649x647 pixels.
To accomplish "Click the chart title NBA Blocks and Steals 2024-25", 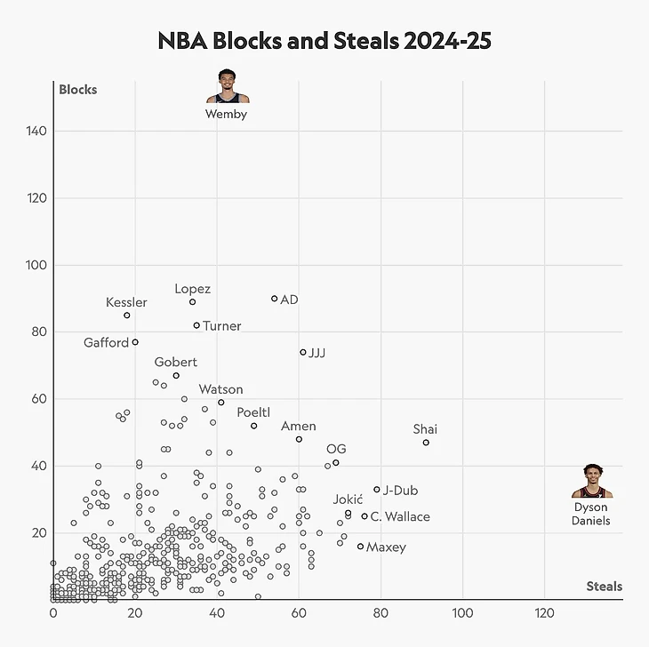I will tap(324, 41).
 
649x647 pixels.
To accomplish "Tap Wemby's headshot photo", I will tap(228, 86).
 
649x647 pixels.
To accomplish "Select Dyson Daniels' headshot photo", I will tap(591, 481).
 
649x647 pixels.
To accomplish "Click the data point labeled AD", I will tap(274, 299).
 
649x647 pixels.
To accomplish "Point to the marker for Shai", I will tap(426, 443).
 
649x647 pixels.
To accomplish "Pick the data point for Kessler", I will tap(127, 316).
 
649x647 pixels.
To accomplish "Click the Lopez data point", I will tap(193, 302).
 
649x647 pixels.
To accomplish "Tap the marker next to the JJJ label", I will tap(303, 352).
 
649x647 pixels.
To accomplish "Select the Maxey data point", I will tap(360, 547).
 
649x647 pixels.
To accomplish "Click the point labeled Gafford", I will tap(135, 342).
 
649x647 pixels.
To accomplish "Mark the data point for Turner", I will tap(196, 325).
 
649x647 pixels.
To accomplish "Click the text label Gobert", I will tap(176, 363).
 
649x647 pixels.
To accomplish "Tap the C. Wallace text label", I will tap(400, 517).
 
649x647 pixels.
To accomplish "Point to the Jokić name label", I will tap(348, 499).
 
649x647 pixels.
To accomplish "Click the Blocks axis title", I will tap(77, 90).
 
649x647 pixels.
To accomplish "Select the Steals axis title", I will tap(604, 587).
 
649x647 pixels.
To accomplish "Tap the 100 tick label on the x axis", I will tap(462, 613).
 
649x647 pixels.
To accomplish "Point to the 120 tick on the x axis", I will tap(544, 613).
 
